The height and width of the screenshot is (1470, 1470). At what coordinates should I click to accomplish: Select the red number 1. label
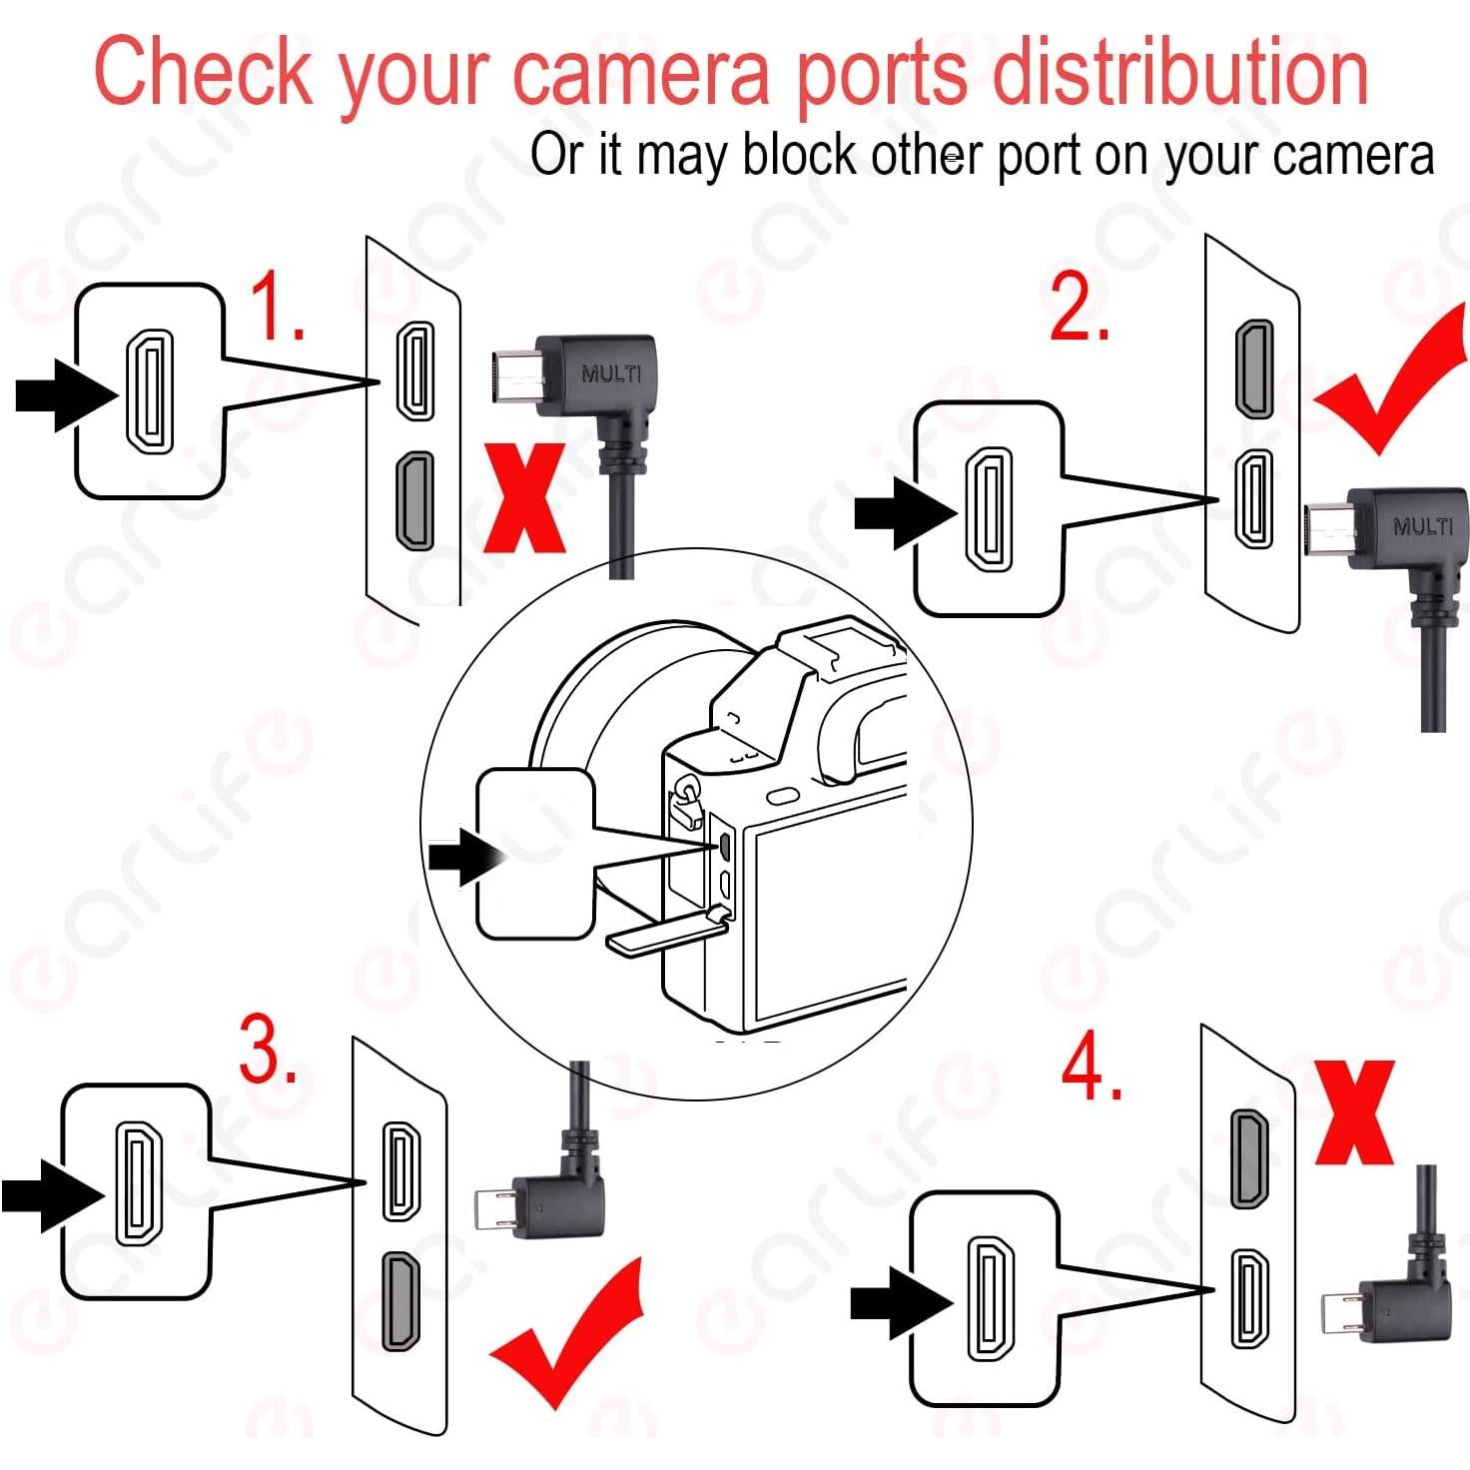click(x=275, y=307)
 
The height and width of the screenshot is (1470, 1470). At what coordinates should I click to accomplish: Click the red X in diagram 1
click(x=525, y=499)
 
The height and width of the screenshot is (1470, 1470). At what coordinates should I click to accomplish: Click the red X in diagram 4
click(x=1354, y=1112)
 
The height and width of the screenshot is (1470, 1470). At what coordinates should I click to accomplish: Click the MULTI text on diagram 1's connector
click(x=611, y=374)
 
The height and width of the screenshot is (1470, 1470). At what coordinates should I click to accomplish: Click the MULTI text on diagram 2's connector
click(x=1422, y=525)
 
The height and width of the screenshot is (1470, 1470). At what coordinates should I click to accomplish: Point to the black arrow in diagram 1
click(x=65, y=395)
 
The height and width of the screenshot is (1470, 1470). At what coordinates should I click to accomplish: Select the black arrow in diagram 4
click(x=900, y=1302)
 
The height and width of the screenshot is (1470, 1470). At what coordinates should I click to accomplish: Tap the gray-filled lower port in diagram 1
click(x=415, y=501)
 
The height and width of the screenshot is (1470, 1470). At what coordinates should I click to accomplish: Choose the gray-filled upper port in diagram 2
click(x=1254, y=368)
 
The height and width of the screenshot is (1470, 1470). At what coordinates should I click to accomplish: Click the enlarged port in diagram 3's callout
click(x=138, y=1184)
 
